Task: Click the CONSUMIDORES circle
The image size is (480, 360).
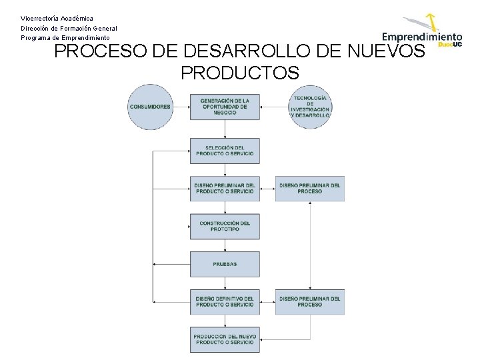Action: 150,107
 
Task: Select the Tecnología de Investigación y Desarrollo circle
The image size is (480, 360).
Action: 310,107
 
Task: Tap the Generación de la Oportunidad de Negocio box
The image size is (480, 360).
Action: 225,107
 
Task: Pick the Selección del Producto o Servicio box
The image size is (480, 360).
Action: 225,151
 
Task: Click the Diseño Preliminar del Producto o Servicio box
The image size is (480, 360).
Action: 225,188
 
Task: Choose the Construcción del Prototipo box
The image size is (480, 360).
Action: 225,226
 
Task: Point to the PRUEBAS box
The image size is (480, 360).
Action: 225,264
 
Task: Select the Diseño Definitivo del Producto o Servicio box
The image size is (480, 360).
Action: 225,301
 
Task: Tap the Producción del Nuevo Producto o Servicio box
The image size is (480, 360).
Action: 225,339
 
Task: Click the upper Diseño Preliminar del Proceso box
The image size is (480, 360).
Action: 310,188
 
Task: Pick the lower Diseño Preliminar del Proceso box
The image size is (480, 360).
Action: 310,301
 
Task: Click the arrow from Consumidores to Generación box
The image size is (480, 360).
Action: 181,107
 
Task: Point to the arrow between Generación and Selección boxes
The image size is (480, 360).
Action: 225,129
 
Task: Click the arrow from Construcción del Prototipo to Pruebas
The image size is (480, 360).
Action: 225,245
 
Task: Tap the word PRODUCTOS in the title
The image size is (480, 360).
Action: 239,73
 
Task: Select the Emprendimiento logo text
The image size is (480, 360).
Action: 421,37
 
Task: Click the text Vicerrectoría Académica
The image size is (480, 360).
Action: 57,18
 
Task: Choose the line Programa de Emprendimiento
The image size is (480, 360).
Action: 65,38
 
